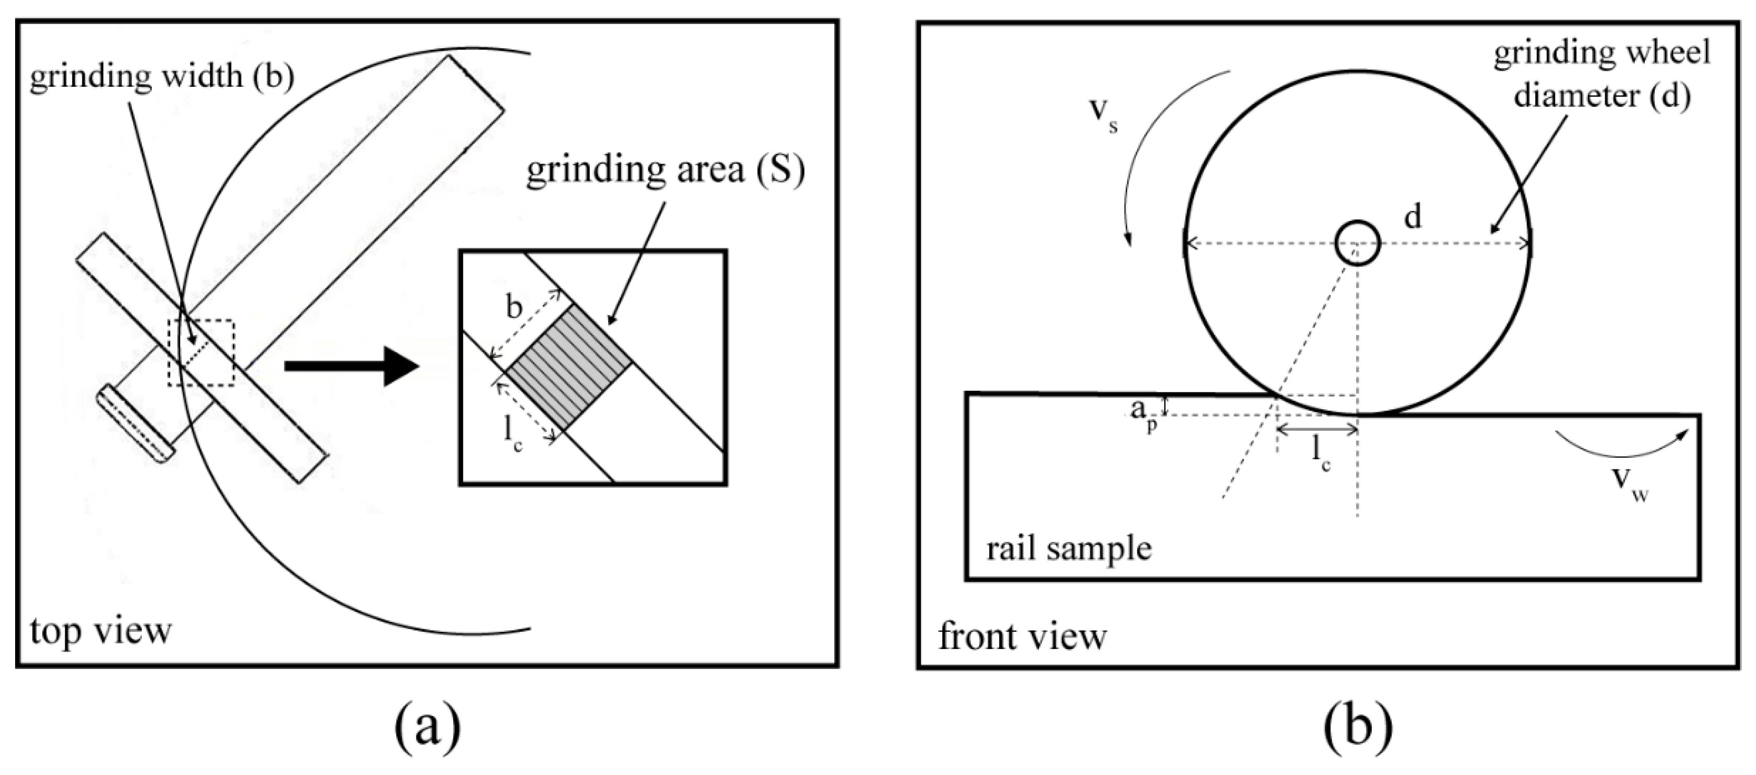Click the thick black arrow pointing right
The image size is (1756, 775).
(x=351, y=366)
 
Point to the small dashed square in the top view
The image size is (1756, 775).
(x=202, y=353)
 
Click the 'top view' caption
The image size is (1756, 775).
(x=101, y=632)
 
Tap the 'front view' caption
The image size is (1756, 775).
(x=1022, y=637)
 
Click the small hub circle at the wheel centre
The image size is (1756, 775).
(x=1357, y=243)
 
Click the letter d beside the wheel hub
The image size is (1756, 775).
(x=1413, y=217)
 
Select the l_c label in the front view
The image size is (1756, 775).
(x=1321, y=454)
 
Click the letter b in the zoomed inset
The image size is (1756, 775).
(x=514, y=308)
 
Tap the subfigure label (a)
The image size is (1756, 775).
(x=428, y=728)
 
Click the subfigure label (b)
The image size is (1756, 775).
(x=1358, y=728)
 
